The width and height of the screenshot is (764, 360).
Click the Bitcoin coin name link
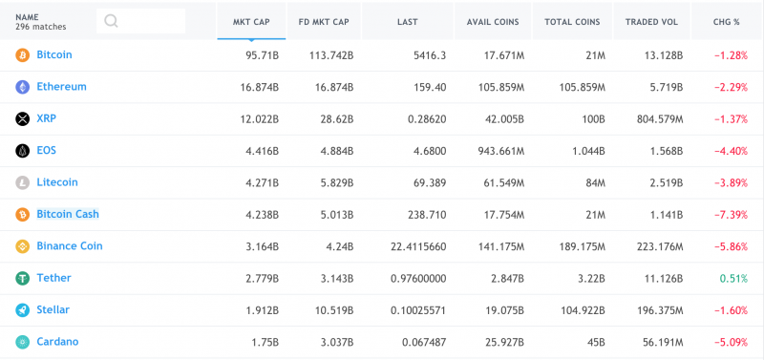pos(54,55)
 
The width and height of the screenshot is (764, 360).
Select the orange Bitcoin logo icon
pos(23,55)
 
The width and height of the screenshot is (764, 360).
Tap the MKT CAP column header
pos(251,20)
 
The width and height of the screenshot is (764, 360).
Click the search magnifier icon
pos(112,21)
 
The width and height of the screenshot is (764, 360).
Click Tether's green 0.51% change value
pos(735,278)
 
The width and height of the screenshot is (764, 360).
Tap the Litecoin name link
pos(57,182)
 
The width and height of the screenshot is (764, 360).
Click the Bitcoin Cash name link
pos(68,214)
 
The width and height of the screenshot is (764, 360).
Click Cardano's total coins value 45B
pos(594,342)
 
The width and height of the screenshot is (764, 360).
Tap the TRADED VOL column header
pos(655,20)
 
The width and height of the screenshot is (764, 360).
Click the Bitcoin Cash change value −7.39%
pos(732,215)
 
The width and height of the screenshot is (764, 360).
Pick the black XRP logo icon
pos(23,119)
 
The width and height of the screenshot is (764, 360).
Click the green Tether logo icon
pos(23,278)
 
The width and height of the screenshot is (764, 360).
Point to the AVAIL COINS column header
pos(493,20)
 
